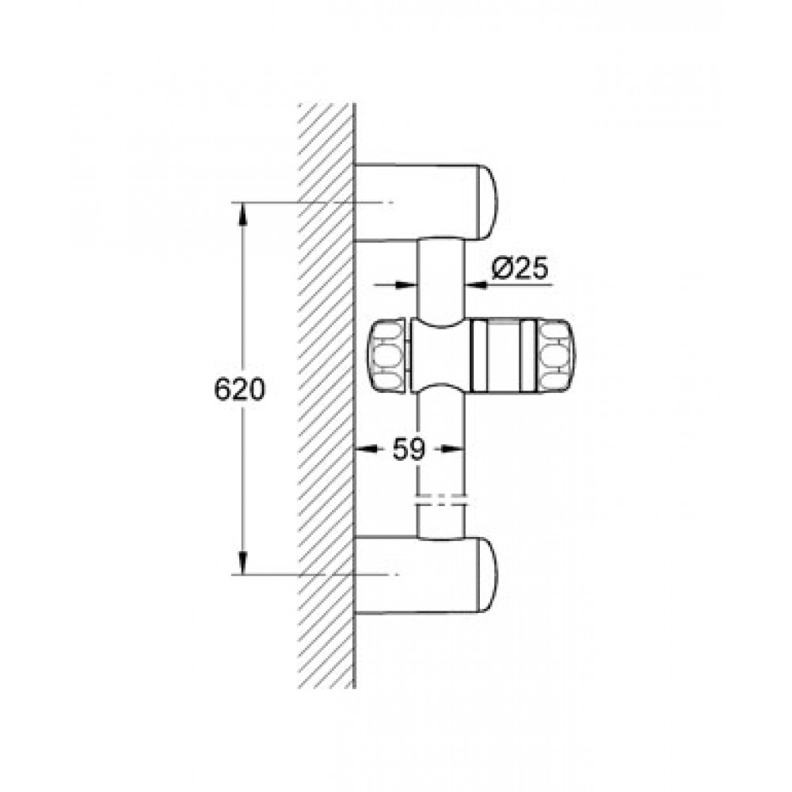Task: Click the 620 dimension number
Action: (x=239, y=390)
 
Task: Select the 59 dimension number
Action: (x=409, y=448)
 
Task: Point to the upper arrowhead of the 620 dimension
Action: (x=243, y=214)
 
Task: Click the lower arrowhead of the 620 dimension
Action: (x=243, y=562)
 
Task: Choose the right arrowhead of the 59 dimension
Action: (x=452, y=448)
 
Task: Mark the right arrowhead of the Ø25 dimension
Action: (x=476, y=285)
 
